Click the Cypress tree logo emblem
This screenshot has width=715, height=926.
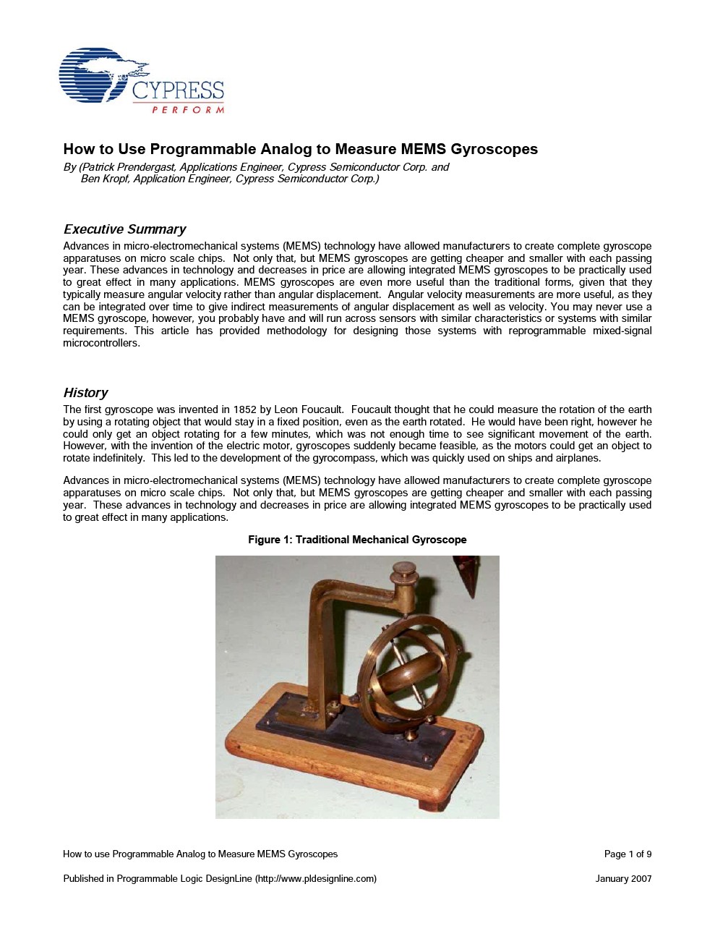click(98, 76)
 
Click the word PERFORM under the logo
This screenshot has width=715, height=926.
click(188, 110)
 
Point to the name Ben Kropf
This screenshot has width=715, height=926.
click(104, 179)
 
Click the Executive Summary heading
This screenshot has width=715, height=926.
click(124, 229)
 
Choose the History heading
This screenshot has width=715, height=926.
click(85, 393)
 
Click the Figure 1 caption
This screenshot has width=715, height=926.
click(357, 540)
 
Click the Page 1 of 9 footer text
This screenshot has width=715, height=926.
click(628, 854)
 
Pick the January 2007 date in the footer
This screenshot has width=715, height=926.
click(623, 879)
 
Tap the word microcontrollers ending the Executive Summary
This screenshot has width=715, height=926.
click(100, 343)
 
